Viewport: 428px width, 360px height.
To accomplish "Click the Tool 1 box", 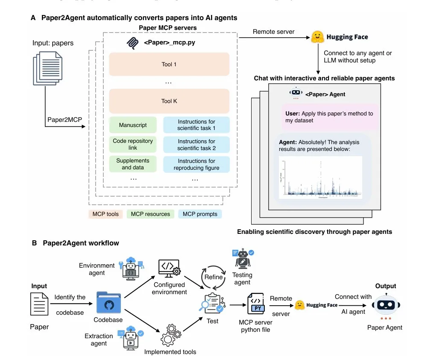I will pyautogui.click(x=169, y=65).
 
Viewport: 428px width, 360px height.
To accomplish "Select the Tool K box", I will pyautogui.click(x=169, y=101).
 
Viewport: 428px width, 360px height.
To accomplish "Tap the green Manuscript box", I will pyautogui.click(x=133, y=125).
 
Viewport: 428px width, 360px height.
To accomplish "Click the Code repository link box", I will pyautogui.click(x=133, y=144).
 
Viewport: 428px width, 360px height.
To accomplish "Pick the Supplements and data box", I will pyautogui.click(x=133, y=164).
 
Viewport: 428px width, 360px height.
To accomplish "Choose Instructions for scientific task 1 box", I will pyautogui.click(x=196, y=125).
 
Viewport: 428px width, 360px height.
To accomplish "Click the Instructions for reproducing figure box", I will pyautogui.click(x=196, y=164).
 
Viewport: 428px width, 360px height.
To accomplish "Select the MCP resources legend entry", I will pyautogui.click(x=150, y=214).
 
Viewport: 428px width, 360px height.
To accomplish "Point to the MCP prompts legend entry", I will pyautogui.click(x=200, y=214).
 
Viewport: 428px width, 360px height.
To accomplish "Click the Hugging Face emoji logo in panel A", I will pyautogui.click(x=317, y=37).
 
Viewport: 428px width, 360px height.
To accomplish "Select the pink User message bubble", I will pyautogui.click(x=329, y=117).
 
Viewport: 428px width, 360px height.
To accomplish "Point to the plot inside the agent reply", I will pyautogui.click(x=320, y=177).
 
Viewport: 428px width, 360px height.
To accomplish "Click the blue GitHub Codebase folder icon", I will pyautogui.click(x=108, y=303).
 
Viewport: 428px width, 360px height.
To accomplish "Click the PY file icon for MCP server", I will pyautogui.click(x=256, y=304).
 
